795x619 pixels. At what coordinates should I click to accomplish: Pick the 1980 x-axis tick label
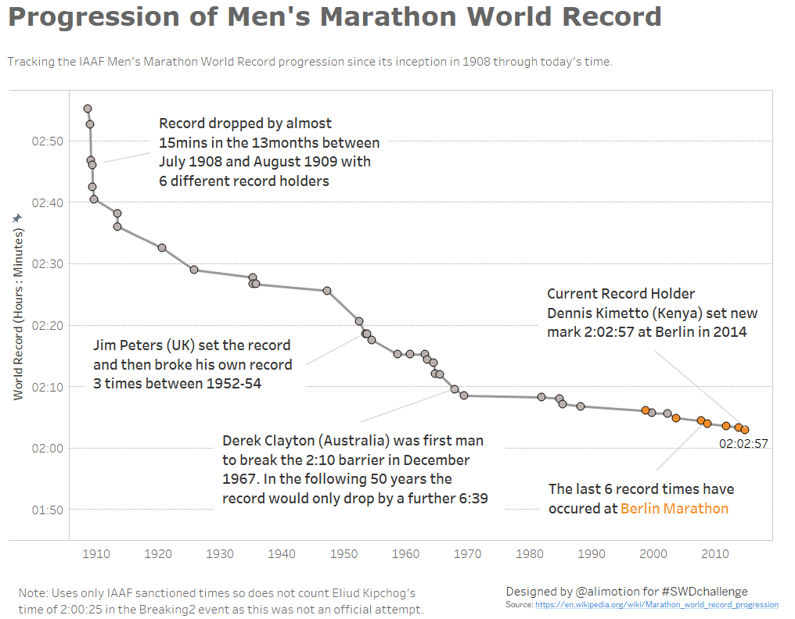pos(529,554)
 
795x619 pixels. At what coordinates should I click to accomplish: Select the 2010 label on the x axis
pos(714,554)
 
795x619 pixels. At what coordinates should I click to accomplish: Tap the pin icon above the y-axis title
pos(17,219)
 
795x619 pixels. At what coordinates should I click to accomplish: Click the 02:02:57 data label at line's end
pos(743,444)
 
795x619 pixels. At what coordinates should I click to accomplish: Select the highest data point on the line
pos(88,109)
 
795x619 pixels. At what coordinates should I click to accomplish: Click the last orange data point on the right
pos(745,430)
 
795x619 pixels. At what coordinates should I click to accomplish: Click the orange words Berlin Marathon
pos(674,509)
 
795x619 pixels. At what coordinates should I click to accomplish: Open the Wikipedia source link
pos(656,605)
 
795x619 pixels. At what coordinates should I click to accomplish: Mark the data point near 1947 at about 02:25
pos(327,291)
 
